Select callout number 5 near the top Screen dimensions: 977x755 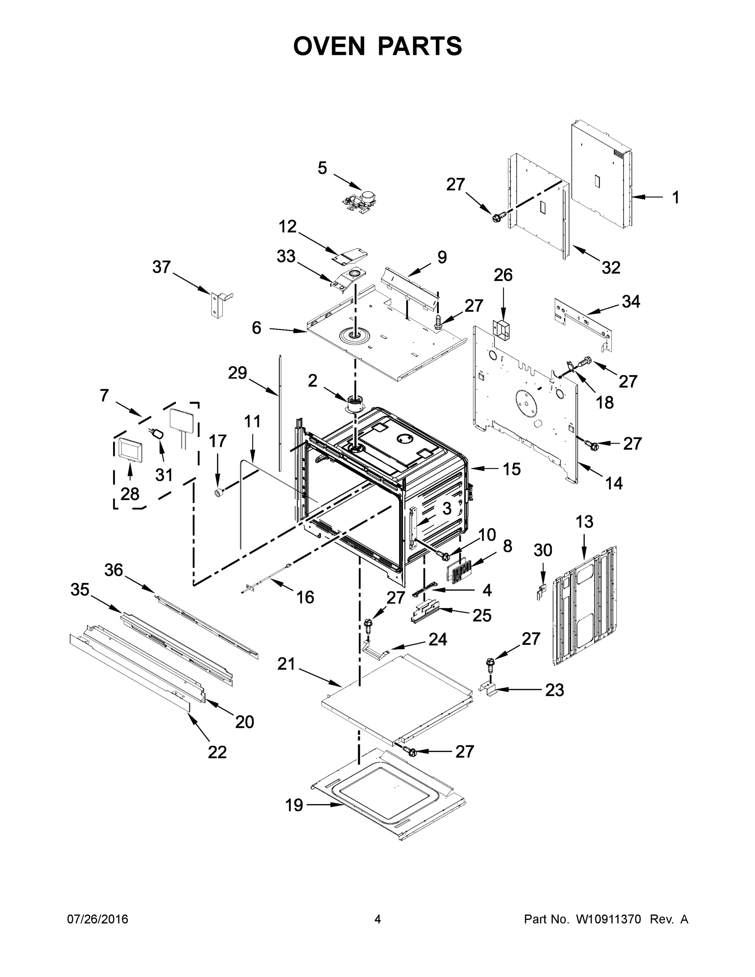click(x=322, y=168)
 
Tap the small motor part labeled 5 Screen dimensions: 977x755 click(x=360, y=199)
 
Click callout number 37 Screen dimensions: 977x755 click(x=162, y=267)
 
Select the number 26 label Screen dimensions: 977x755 click(x=503, y=275)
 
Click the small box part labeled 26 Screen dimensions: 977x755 click(x=501, y=330)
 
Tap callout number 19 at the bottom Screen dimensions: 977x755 click(x=294, y=805)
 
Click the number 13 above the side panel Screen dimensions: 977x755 click(x=584, y=521)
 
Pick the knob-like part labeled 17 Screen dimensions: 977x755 click(x=219, y=493)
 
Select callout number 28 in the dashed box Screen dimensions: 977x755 click(x=130, y=494)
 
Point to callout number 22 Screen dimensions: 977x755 click(x=217, y=752)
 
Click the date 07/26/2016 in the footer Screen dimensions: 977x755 click(x=98, y=919)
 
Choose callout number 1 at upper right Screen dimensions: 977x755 click(x=675, y=197)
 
